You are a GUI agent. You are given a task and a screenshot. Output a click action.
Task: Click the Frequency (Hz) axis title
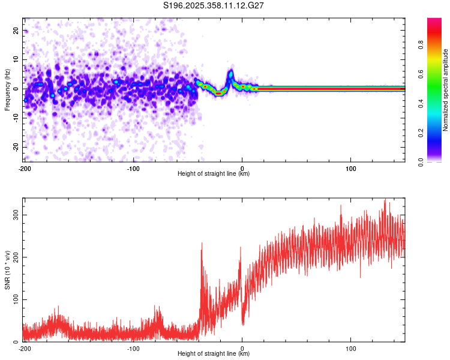7,88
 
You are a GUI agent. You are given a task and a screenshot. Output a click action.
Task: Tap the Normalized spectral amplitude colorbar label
446,90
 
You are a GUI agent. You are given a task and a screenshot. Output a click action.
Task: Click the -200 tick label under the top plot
25,168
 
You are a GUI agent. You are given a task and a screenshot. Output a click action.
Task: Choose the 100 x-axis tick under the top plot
351,168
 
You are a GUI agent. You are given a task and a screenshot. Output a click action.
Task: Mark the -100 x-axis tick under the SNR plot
133,348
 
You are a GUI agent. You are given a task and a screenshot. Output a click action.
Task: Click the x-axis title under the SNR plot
214,354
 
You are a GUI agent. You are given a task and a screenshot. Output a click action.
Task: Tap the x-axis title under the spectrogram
214,174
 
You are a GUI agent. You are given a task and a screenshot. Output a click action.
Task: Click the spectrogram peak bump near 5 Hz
230,74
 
